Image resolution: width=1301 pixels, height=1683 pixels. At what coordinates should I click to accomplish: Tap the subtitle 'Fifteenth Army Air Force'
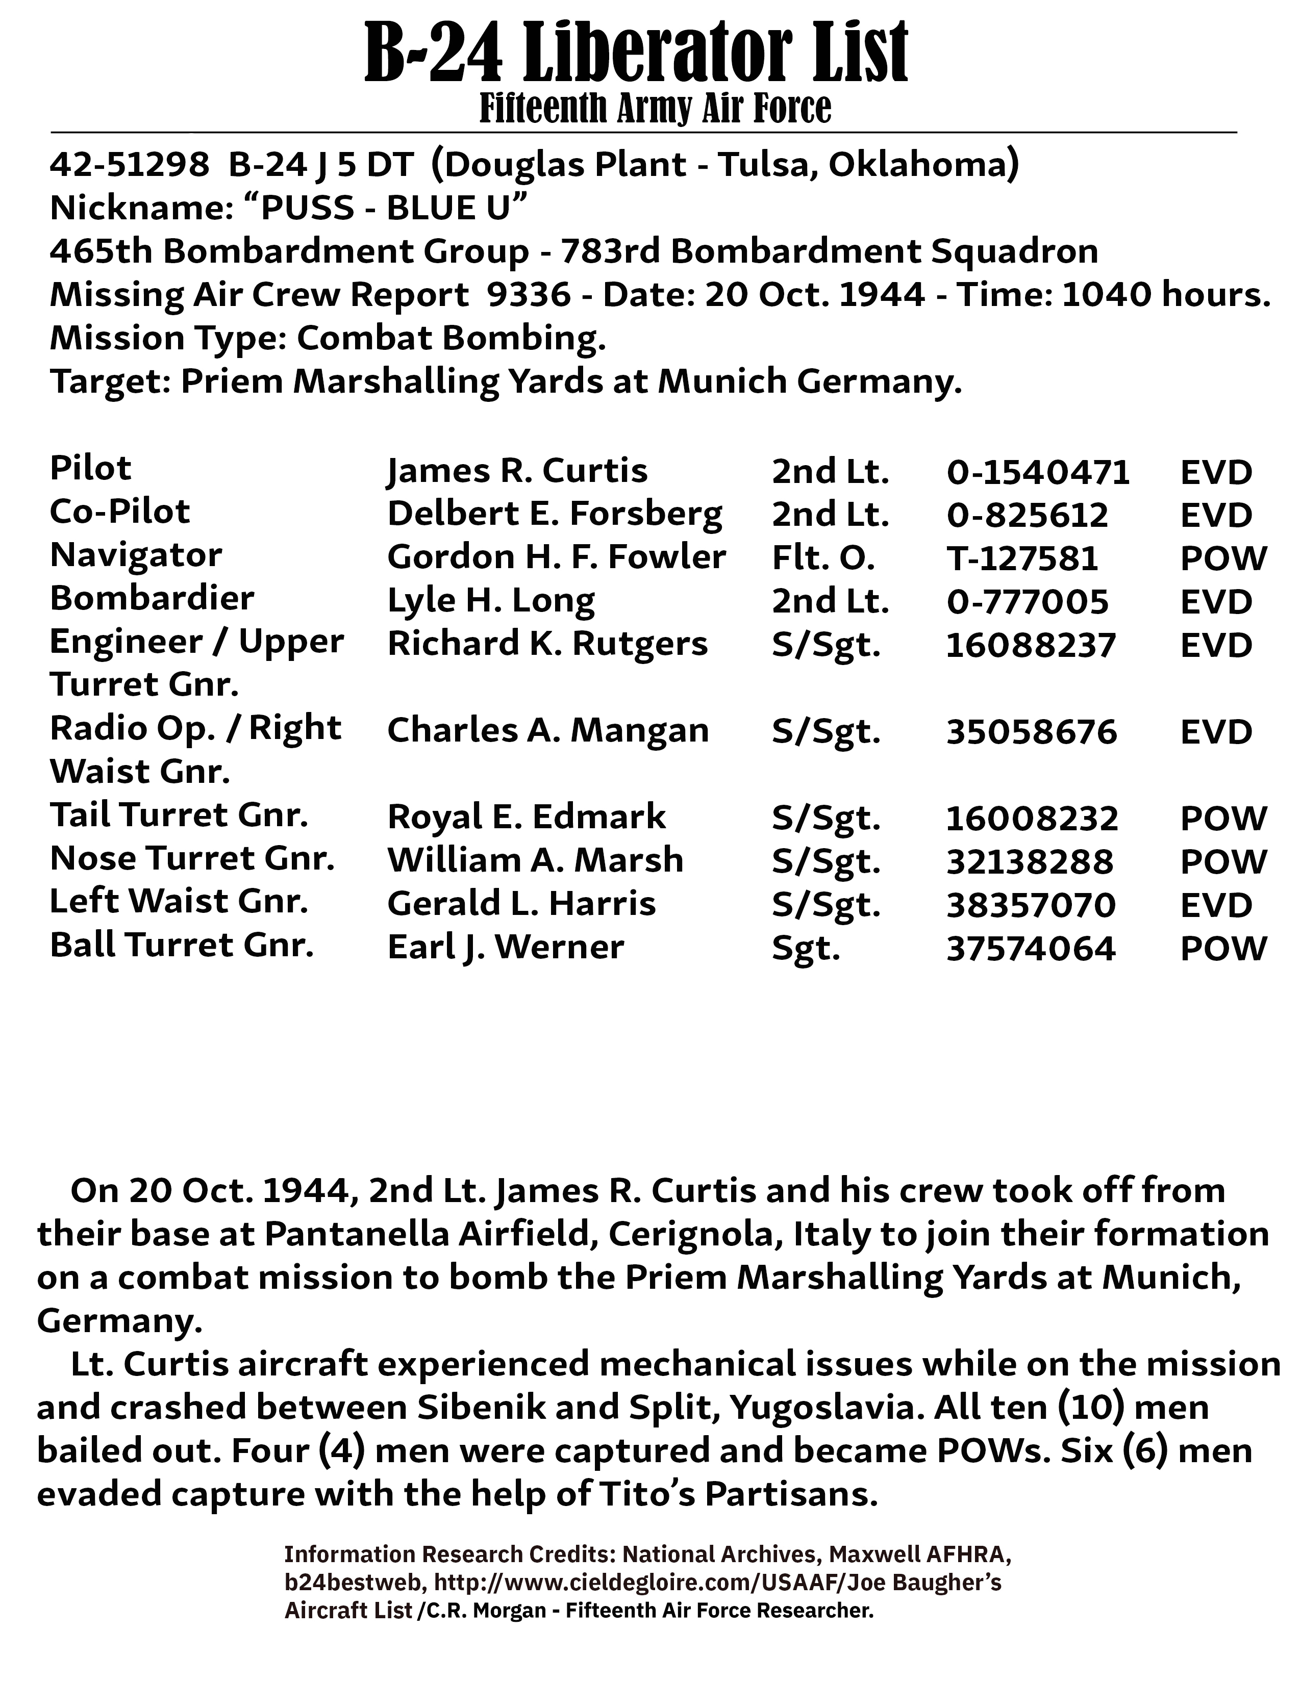click(655, 109)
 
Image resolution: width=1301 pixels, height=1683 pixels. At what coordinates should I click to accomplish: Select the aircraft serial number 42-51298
click(129, 164)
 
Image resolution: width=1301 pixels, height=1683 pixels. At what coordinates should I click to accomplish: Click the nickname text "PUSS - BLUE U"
click(385, 208)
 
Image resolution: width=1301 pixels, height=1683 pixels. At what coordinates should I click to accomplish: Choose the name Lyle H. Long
click(490, 601)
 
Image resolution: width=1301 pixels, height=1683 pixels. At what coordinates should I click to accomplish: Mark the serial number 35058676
click(1031, 731)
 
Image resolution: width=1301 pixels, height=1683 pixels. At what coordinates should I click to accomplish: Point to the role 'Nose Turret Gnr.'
click(192, 858)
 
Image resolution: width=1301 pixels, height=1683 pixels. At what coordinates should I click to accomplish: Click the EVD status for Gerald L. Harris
click(1215, 905)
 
